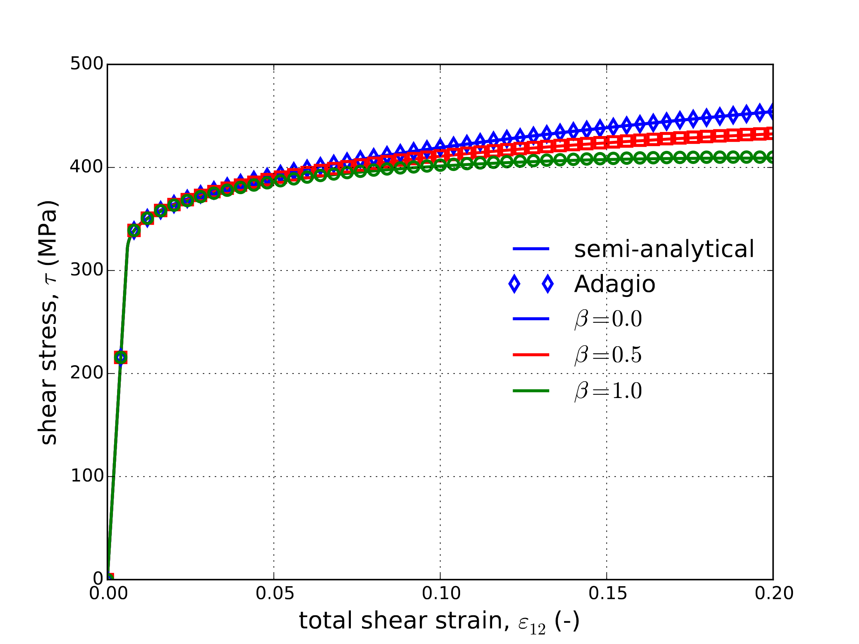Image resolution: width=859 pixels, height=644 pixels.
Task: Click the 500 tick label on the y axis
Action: tap(86, 64)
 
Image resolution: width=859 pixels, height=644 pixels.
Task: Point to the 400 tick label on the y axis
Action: tap(86, 167)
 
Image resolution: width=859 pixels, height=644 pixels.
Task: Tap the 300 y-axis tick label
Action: tap(86, 270)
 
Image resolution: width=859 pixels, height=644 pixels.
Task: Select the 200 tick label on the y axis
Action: tap(86, 373)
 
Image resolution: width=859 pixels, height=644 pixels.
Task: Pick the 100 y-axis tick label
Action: tap(86, 476)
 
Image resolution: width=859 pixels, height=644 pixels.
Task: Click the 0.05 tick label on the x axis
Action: tap(274, 594)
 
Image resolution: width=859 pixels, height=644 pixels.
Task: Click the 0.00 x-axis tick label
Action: tap(108, 594)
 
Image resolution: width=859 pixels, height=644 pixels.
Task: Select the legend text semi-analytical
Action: tap(664, 249)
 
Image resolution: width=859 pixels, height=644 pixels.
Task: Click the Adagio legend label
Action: tap(615, 284)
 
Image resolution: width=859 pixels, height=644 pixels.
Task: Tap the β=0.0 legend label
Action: tap(608, 319)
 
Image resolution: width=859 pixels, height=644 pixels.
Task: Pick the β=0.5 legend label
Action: tap(608, 355)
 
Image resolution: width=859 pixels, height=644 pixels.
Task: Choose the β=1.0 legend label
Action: tap(608, 391)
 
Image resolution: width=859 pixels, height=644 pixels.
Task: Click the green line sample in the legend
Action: tap(531, 391)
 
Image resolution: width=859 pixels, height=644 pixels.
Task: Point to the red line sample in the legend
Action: tap(531, 355)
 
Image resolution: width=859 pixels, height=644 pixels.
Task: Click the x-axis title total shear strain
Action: tap(439, 621)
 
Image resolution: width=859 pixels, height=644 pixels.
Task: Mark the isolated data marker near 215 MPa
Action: tap(121, 357)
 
